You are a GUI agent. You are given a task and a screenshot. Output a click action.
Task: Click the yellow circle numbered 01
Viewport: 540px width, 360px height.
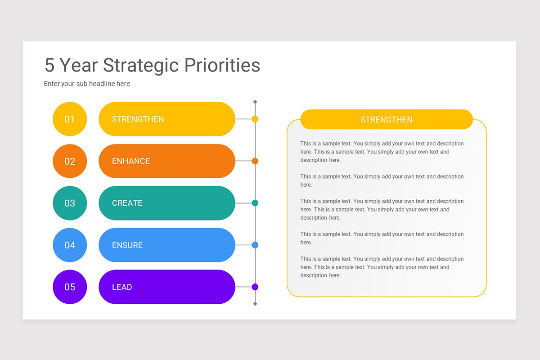click(70, 119)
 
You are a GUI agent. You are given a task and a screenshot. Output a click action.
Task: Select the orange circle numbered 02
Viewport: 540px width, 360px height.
click(70, 161)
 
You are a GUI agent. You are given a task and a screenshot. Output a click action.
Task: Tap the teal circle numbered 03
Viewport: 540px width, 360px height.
click(70, 203)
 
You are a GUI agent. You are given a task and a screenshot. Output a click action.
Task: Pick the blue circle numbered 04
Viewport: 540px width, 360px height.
click(70, 245)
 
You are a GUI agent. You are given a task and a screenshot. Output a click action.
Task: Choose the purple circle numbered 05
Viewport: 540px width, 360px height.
click(70, 287)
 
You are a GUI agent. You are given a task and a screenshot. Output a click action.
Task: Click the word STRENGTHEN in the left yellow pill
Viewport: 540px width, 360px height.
click(138, 119)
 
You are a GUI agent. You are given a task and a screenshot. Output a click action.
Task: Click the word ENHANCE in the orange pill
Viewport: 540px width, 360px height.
click(131, 161)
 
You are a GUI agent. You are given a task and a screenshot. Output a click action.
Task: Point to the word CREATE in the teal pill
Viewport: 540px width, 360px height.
click(127, 203)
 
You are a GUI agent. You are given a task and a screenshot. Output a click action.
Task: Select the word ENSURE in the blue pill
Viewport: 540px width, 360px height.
click(127, 245)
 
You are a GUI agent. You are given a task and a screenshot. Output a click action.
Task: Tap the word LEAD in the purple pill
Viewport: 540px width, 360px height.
click(122, 287)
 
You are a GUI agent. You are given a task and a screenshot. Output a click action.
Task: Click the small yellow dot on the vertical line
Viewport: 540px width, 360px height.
click(255, 119)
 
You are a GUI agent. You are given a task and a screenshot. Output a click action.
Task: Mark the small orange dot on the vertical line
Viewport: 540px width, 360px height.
click(255, 161)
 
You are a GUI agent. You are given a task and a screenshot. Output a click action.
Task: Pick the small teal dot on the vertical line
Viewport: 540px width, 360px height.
click(255, 203)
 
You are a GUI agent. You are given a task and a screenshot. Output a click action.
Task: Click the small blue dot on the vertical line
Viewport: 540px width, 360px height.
click(255, 245)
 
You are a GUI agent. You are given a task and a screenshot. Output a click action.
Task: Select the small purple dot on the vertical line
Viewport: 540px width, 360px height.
click(255, 287)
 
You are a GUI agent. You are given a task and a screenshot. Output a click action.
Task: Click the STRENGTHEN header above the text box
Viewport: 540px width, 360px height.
click(387, 120)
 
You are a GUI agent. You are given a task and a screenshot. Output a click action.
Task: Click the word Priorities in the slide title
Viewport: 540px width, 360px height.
click(222, 66)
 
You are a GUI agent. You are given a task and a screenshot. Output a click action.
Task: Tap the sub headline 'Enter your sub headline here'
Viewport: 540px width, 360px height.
click(87, 84)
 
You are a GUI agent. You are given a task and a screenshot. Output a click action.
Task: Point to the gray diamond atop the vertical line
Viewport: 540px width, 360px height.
click(255, 102)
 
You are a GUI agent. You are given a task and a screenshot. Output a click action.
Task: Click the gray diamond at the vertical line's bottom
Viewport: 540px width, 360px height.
click(255, 304)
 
